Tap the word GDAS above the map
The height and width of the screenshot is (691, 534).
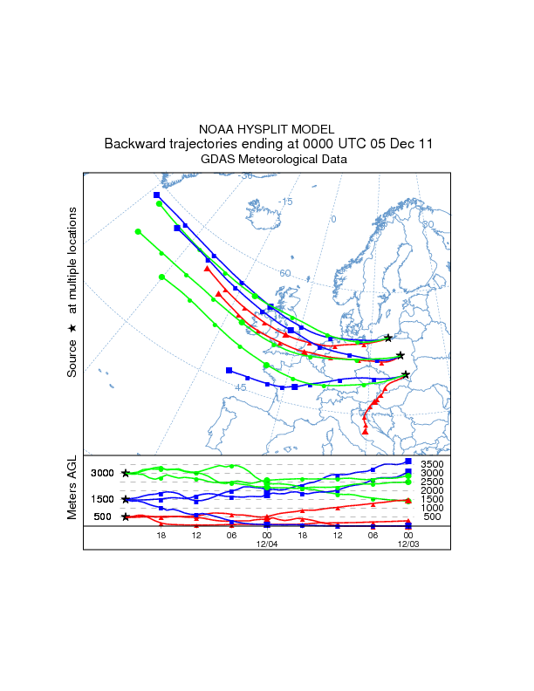[217, 159]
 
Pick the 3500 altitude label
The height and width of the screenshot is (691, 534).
[433, 464]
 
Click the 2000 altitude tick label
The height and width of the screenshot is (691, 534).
[433, 490]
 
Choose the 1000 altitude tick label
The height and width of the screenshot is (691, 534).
[433, 508]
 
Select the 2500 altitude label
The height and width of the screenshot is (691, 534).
[433, 482]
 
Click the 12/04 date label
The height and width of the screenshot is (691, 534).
[266, 543]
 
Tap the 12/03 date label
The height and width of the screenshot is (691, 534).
[407, 543]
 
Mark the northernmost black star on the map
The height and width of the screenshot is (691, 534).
[388, 338]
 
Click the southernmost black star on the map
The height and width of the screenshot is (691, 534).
[406, 374]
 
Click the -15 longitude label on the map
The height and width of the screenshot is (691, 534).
[285, 202]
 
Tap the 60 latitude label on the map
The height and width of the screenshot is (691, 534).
[284, 273]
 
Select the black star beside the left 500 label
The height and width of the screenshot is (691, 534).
[126, 517]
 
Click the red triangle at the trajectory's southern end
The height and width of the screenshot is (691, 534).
[366, 430]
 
